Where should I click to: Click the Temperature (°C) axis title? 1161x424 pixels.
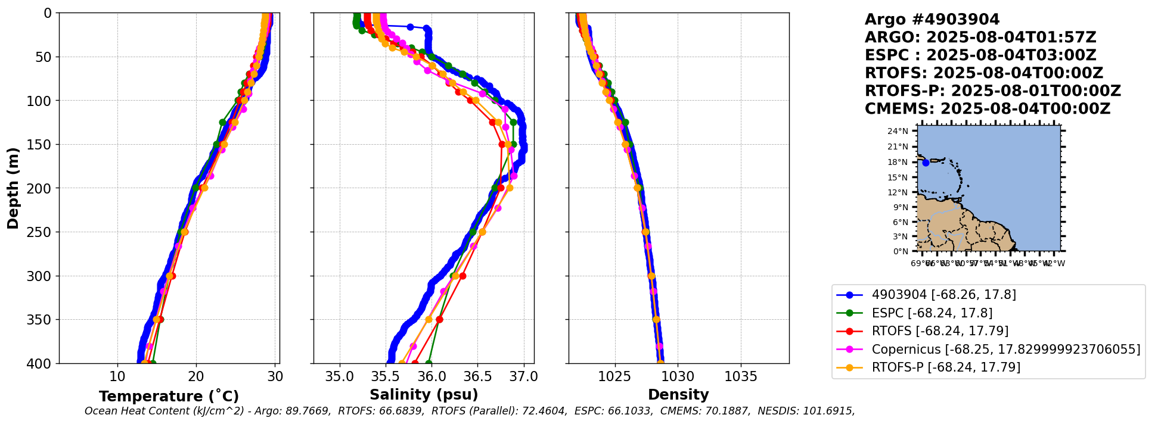(x=169, y=396)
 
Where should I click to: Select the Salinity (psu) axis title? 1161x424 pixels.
(x=424, y=395)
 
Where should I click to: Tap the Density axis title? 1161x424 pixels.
(x=678, y=395)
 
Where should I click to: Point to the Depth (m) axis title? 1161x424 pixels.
(x=13, y=188)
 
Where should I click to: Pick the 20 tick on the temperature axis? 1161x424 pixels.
(x=196, y=376)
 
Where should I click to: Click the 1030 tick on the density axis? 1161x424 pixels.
(x=678, y=376)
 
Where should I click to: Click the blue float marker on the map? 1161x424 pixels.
(x=926, y=163)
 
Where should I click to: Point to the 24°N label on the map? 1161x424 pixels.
(x=898, y=132)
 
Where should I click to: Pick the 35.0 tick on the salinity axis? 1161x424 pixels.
(x=340, y=376)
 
